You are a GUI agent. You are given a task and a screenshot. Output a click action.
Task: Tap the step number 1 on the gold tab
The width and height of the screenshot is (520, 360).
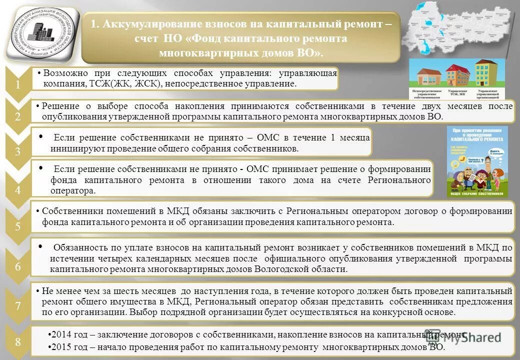(18, 85)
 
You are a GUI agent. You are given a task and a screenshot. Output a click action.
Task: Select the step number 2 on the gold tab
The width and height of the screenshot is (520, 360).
(18, 117)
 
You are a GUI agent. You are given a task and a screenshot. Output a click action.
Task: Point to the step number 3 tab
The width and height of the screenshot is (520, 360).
(18, 151)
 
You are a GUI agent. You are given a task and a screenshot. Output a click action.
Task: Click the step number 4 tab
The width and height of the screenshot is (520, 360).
(18, 190)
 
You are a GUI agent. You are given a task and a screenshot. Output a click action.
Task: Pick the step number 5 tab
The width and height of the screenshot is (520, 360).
(18, 226)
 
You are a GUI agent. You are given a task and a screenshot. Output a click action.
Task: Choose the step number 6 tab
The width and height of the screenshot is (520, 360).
(18, 267)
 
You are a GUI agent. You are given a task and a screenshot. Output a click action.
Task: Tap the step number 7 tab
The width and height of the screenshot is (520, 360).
(18, 306)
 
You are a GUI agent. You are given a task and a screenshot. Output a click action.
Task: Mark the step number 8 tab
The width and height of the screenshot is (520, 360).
(18, 342)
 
